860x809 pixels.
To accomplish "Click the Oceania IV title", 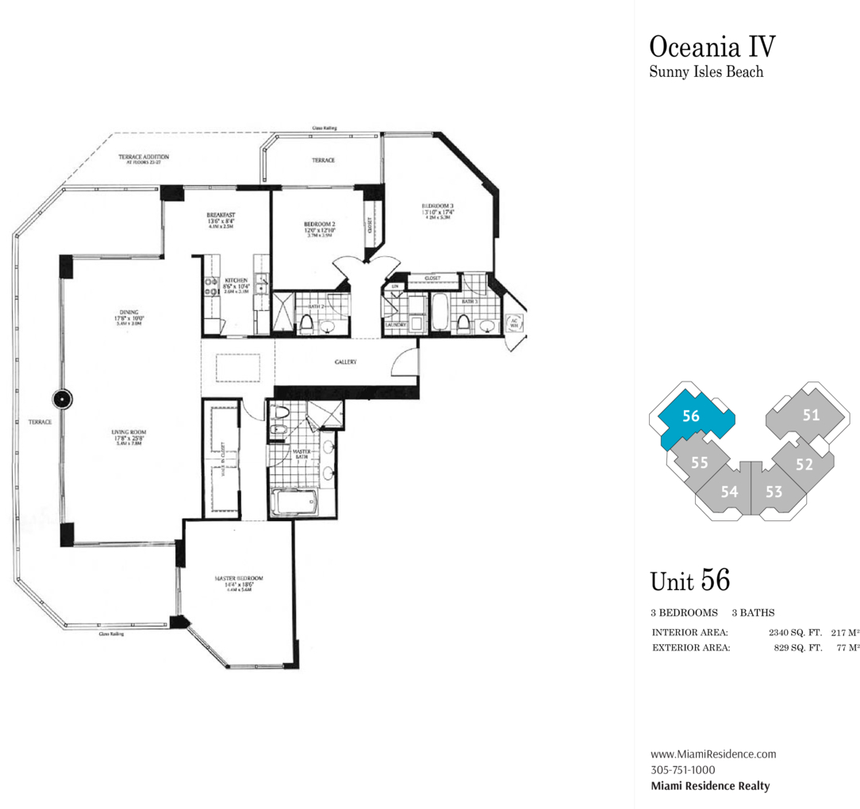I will [712, 45].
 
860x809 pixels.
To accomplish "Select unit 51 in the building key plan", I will [810, 414].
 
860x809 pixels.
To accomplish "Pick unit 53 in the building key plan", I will [774, 492].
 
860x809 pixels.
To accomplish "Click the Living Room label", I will [129, 432].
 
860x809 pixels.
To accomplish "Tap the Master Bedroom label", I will [239, 578].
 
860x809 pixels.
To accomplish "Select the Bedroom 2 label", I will [320, 224].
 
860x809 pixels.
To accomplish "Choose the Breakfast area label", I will [219, 215].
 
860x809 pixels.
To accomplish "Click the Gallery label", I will [345, 362].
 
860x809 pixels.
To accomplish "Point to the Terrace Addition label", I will [144, 157].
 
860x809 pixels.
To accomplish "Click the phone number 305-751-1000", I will [682, 769].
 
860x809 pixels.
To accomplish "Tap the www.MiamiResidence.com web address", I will [712, 754].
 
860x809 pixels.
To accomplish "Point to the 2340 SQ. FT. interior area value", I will [794, 633].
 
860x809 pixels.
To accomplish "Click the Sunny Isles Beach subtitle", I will [706, 72].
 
